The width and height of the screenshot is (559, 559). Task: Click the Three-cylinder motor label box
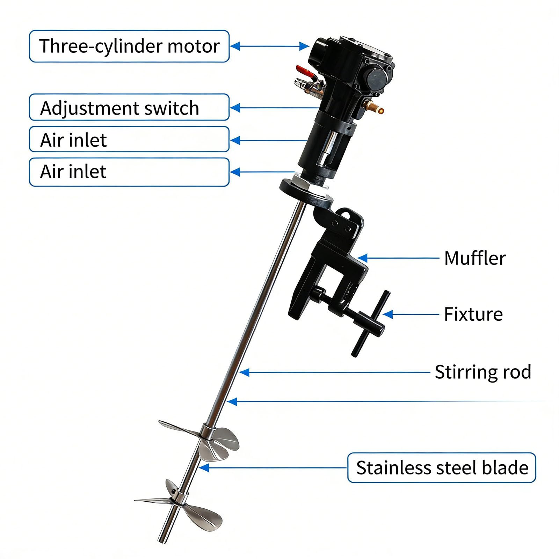pyautogui.click(x=129, y=46)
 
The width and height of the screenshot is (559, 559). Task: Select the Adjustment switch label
pyautogui.click(x=129, y=107)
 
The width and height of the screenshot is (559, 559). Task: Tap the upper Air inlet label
pyautogui.click(x=129, y=139)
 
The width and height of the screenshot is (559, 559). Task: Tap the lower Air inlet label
pyautogui.click(x=129, y=172)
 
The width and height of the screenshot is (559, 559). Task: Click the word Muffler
pyautogui.click(x=475, y=258)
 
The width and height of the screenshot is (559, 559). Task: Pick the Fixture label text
pyautogui.click(x=473, y=314)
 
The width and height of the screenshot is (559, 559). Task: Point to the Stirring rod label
pyautogui.click(x=483, y=372)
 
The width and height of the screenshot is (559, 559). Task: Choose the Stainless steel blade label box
pyautogui.click(x=442, y=467)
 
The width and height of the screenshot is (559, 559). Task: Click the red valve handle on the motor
pyautogui.click(x=306, y=72)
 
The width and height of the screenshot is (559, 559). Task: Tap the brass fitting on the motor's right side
pyautogui.click(x=373, y=106)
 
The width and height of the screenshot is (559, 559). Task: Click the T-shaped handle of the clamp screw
pyautogui.click(x=370, y=324)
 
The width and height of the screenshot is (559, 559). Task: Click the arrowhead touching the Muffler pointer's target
pyautogui.click(x=362, y=258)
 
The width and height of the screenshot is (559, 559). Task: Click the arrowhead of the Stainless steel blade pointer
pyautogui.click(x=204, y=467)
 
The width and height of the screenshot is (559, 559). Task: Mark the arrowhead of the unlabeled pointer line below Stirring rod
pyautogui.click(x=232, y=402)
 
